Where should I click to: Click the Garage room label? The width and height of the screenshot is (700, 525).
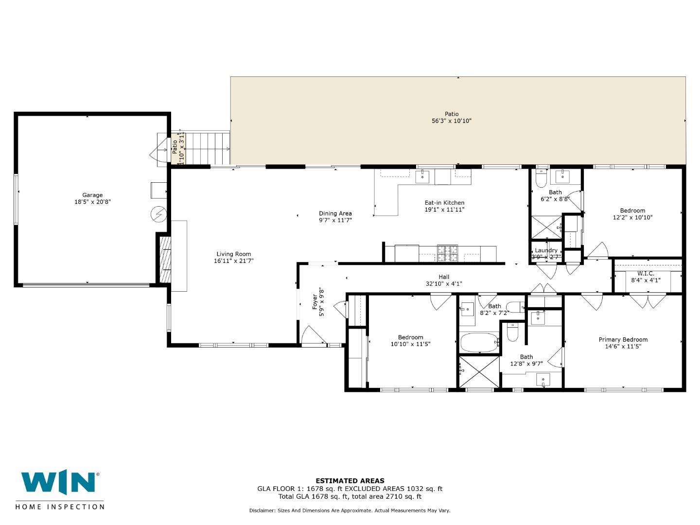[x=92, y=195]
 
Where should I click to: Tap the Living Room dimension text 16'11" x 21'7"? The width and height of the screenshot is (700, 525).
[x=234, y=261]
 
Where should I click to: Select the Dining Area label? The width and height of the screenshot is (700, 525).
[x=335, y=213]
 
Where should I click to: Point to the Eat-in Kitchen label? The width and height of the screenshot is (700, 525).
[x=444, y=203]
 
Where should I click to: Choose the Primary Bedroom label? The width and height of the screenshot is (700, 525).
[x=623, y=340]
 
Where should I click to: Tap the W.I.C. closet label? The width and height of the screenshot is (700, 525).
[x=646, y=274]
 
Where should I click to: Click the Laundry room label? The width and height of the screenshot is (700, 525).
[x=546, y=250]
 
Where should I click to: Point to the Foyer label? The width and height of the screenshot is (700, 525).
[x=315, y=302]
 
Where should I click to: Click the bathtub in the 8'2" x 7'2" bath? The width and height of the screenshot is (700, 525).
[x=479, y=342]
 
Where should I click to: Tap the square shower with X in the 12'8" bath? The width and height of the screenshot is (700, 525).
[x=479, y=372]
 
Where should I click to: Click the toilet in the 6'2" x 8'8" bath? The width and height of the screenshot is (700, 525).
[x=541, y=179]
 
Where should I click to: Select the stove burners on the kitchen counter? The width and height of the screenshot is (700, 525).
[x=447, y=253]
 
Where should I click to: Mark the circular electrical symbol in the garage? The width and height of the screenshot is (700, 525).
[x=159, y=214]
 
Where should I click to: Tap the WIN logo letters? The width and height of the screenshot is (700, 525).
[x=58, y=483]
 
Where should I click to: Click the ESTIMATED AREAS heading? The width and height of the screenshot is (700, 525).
[x=350, y=481]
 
